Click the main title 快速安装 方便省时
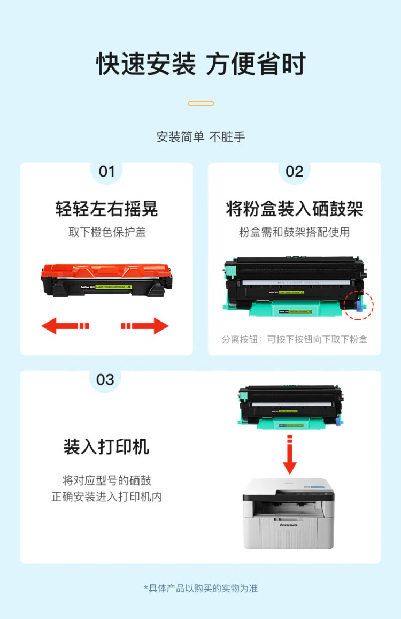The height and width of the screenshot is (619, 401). pos(200,64)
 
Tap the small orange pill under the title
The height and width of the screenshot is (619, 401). pos(201,103)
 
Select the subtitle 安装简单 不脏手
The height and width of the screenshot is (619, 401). pos(200,137)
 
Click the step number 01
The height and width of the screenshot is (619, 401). pos(107,172)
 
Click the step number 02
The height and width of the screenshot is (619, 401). pos(294,172)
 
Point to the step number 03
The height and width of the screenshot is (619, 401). pos(105,380)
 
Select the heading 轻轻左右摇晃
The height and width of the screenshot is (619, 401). pos(106,209)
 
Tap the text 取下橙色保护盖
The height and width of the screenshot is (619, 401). pos(107,232)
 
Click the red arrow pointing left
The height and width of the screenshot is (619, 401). pos(64,325)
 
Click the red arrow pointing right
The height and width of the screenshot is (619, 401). pos(146,325)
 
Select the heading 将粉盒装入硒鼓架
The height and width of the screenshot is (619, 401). pos(294,209)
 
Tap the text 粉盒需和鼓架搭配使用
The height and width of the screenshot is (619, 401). pos(294,232)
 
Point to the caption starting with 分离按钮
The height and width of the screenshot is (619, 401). pos(294,339)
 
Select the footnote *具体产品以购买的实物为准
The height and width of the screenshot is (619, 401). pos(200,588)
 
